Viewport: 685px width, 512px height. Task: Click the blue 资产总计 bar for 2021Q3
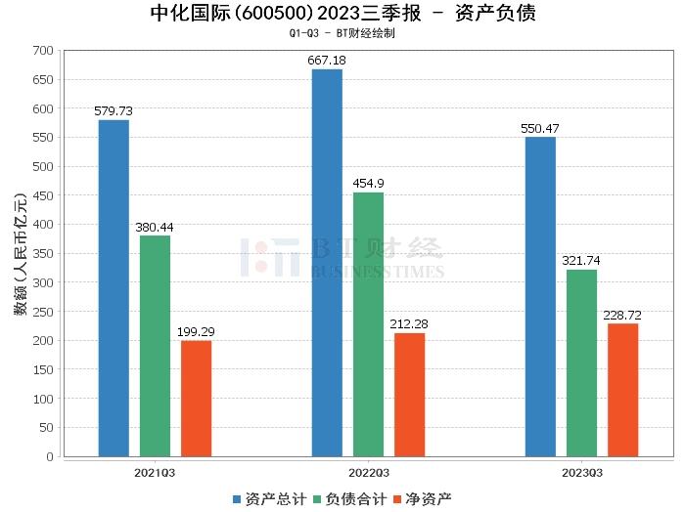point(114,288)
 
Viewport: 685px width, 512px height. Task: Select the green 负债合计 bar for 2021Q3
point(155,346)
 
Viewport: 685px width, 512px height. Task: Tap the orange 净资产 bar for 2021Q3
point(196,399)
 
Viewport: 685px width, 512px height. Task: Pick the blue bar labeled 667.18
point(327,263)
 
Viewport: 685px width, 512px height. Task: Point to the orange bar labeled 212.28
point(409,395)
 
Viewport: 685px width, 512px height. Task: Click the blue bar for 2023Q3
point(540,297)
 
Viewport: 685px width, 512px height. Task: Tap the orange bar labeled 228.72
point(622,390)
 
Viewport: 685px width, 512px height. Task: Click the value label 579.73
point(114,111)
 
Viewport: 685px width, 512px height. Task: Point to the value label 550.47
point(540,129)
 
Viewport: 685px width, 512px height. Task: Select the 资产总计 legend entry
point(267,499)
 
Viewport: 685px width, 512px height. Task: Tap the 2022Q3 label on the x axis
point(368,472)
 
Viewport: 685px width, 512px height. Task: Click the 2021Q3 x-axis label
point(155,472)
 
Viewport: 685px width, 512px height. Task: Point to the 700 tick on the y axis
point(42,50)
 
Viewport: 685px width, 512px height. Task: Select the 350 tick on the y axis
point(42,253)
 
